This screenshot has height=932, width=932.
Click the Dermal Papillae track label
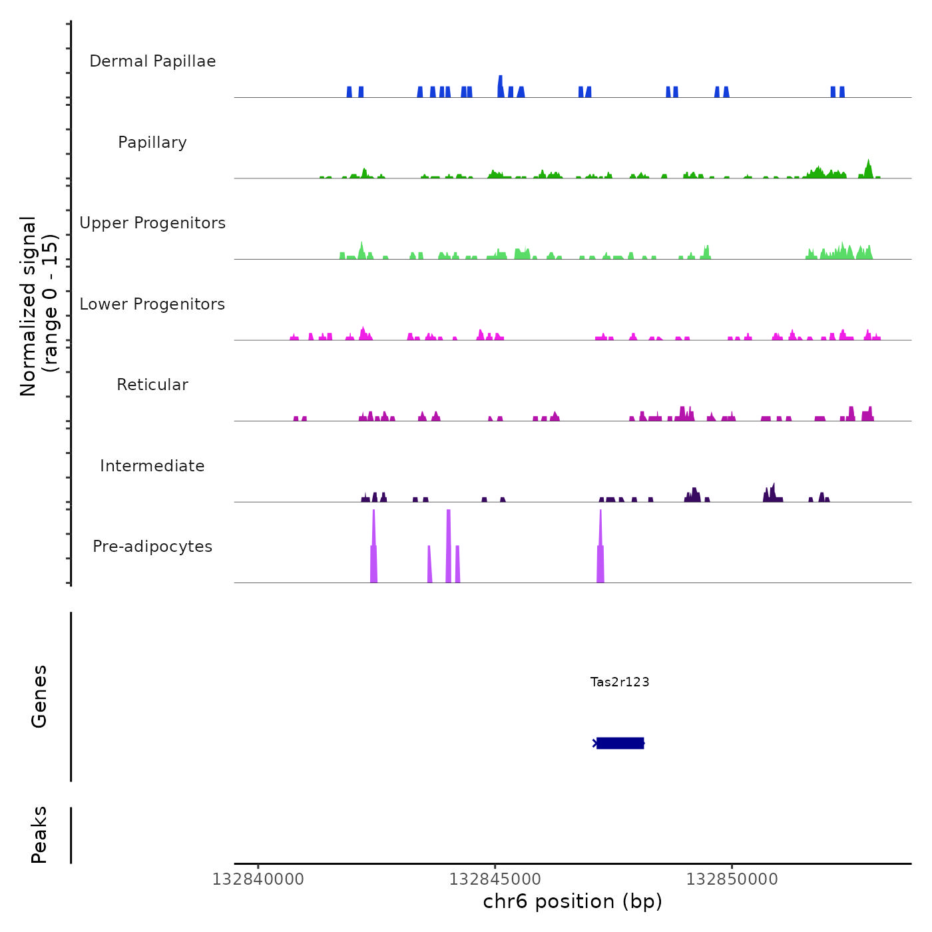(152, 61)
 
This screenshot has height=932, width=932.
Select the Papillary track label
(152, 142)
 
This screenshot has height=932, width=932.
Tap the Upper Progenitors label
(152, 223)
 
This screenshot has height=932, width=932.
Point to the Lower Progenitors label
(152, 304)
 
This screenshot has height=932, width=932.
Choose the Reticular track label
(152, 385)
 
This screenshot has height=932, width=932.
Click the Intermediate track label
(152, 466)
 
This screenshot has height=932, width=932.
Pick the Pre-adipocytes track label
(152, 547)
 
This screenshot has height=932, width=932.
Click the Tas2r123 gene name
(620, 682)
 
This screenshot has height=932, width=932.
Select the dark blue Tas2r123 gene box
(620, 743)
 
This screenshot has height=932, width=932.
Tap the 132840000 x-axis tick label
(258, 879)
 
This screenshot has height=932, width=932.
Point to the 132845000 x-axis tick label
(495, 879)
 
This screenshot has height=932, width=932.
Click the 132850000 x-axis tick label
(732, 879)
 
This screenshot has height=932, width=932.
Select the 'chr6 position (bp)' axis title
(573, 901)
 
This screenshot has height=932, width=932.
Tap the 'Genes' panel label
(39, 696)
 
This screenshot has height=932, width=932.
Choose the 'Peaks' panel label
(39, 835)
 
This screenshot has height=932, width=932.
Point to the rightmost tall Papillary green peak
(868, 168)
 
